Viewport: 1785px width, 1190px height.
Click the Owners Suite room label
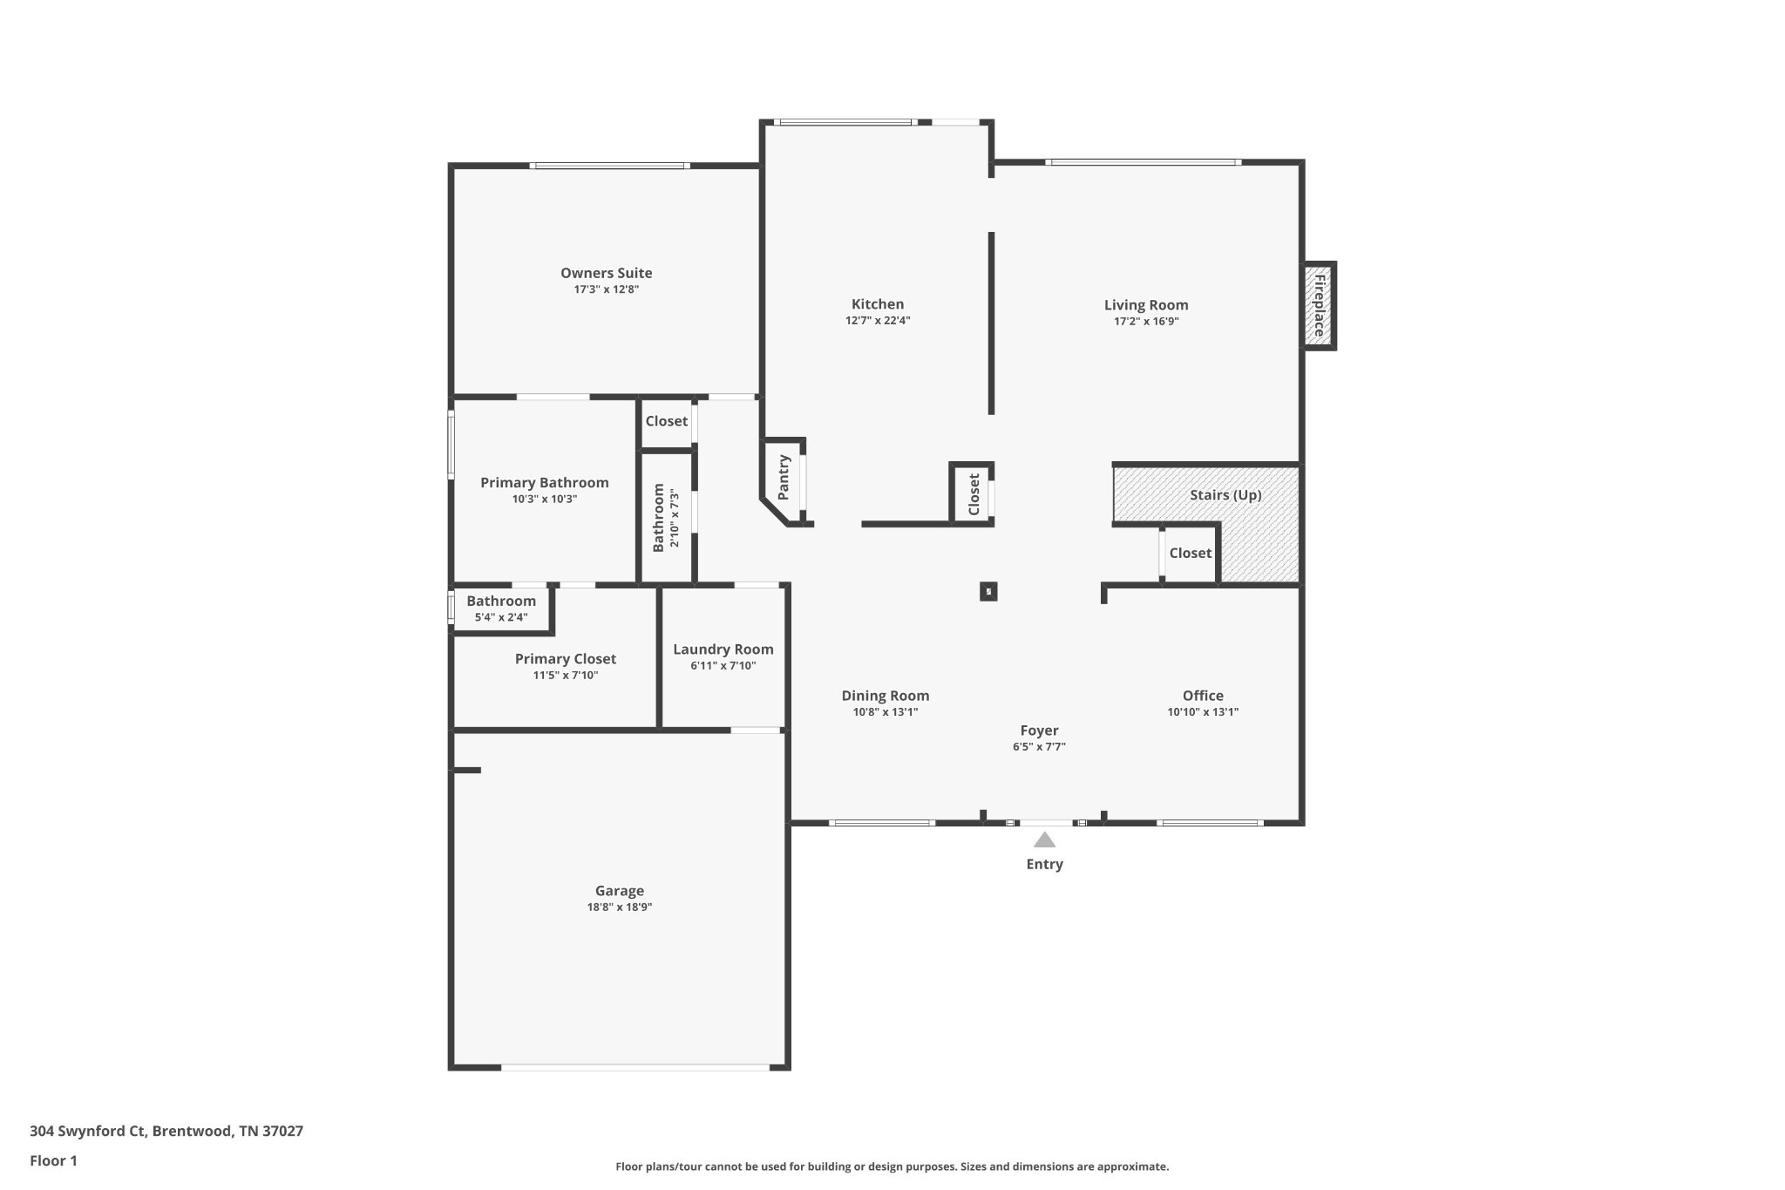tap(606, 273)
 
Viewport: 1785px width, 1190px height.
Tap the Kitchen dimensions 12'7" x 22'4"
tap(878, 321)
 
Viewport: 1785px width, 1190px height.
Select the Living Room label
tap(1146, 305)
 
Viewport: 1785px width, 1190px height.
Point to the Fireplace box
tap(1319, 306)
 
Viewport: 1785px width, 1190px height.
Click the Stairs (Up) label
tap(1225, 495)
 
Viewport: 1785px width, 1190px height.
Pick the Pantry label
tap(784, 478)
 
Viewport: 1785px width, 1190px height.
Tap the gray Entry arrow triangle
tap(1044, 840)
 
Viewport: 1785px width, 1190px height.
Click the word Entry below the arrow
tap(1044, 864)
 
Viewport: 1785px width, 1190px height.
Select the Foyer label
tap(1039, 731)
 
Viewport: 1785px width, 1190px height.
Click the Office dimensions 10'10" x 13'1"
tap(1203, 712)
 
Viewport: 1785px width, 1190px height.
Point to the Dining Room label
tap(886, 696)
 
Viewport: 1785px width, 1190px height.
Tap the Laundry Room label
tap(723, 649)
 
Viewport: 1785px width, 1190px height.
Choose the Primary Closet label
tap(566, 659)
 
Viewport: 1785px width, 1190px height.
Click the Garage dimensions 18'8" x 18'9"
tap(620, 908)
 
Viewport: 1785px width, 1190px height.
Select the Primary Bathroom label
tap(545, 483)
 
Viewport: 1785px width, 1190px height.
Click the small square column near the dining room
tap(988, 592)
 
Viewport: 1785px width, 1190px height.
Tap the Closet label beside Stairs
tap(1191, 554)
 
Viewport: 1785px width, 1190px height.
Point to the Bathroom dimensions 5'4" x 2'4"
tap(501, 618)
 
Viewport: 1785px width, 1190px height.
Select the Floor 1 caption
tap(53, 1161)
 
